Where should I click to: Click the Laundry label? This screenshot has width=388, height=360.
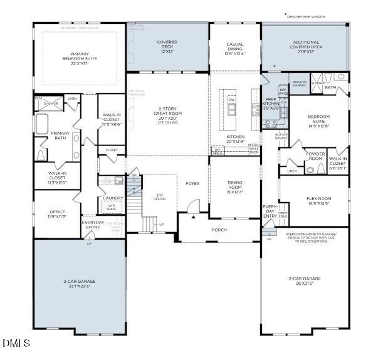pyautogui.click(x=113, y=198)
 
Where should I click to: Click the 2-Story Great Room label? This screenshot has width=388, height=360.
pyautogui.click(x=167, y=115)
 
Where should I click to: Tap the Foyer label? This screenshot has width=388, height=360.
pyautogui.click(x=192, y=183)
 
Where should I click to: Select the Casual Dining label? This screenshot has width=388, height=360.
pyautogui.click(x=234, y=48)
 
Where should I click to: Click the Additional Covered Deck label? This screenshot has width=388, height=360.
pyautogui.click(x=305, y=45)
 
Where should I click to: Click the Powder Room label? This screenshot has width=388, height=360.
pyautogui.click(x=315, y=156)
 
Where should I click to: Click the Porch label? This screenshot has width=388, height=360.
pyautogui.click(x=219, y=230)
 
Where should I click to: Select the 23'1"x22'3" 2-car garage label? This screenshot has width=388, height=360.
pyautogui.click(x=79, y=283)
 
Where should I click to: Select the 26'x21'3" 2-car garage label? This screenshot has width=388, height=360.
pyautogui.click(x=304, y=280)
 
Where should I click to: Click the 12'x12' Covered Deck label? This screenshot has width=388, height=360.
pyautogui.click(x=167, y=46)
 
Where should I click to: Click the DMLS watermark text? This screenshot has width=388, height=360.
pyautogui.click(x=16, y=343)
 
